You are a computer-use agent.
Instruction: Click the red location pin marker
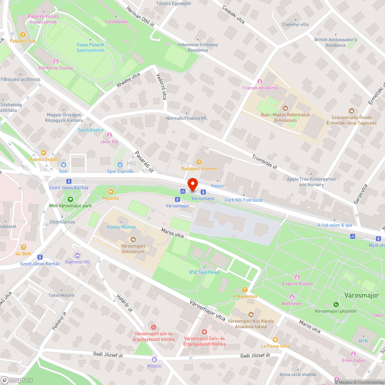point(192,184)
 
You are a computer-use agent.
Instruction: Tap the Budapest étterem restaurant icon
point(199,162)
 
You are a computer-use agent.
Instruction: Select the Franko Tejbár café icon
point(43,153)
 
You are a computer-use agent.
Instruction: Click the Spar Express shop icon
point(120,165)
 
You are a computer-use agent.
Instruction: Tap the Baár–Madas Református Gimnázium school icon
point(285,108)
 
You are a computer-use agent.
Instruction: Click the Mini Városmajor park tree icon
point(70,199)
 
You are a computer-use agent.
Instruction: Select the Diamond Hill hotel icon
point(77,255)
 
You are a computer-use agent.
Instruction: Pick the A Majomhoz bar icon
point(245,290)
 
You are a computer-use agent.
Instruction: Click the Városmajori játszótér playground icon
point(336,304)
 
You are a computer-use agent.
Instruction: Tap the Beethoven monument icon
point(291,297)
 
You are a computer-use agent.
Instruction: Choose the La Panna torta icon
point(275,339)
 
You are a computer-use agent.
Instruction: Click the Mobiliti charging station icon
point(154,359)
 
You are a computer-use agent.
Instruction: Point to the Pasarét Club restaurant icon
point(23,34)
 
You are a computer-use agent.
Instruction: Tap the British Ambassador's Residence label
point(335,42)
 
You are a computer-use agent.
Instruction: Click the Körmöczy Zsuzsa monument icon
point(55,62)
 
